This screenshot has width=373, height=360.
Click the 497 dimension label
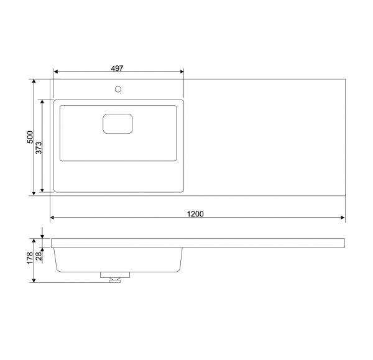(117, 68)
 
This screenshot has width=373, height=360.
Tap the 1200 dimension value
(195, 214)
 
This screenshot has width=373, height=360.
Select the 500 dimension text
(30, 137)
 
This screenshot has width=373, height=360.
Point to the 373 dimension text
(39, 148)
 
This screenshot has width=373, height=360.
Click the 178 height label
(30, 258)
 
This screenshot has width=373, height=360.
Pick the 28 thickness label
(39, 256)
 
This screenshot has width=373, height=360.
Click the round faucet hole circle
(118, 90)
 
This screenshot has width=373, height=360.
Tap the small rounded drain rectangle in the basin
(117, 124)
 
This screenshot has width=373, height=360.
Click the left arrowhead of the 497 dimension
(56, 72)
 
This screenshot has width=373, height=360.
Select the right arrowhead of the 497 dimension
(182, 72)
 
